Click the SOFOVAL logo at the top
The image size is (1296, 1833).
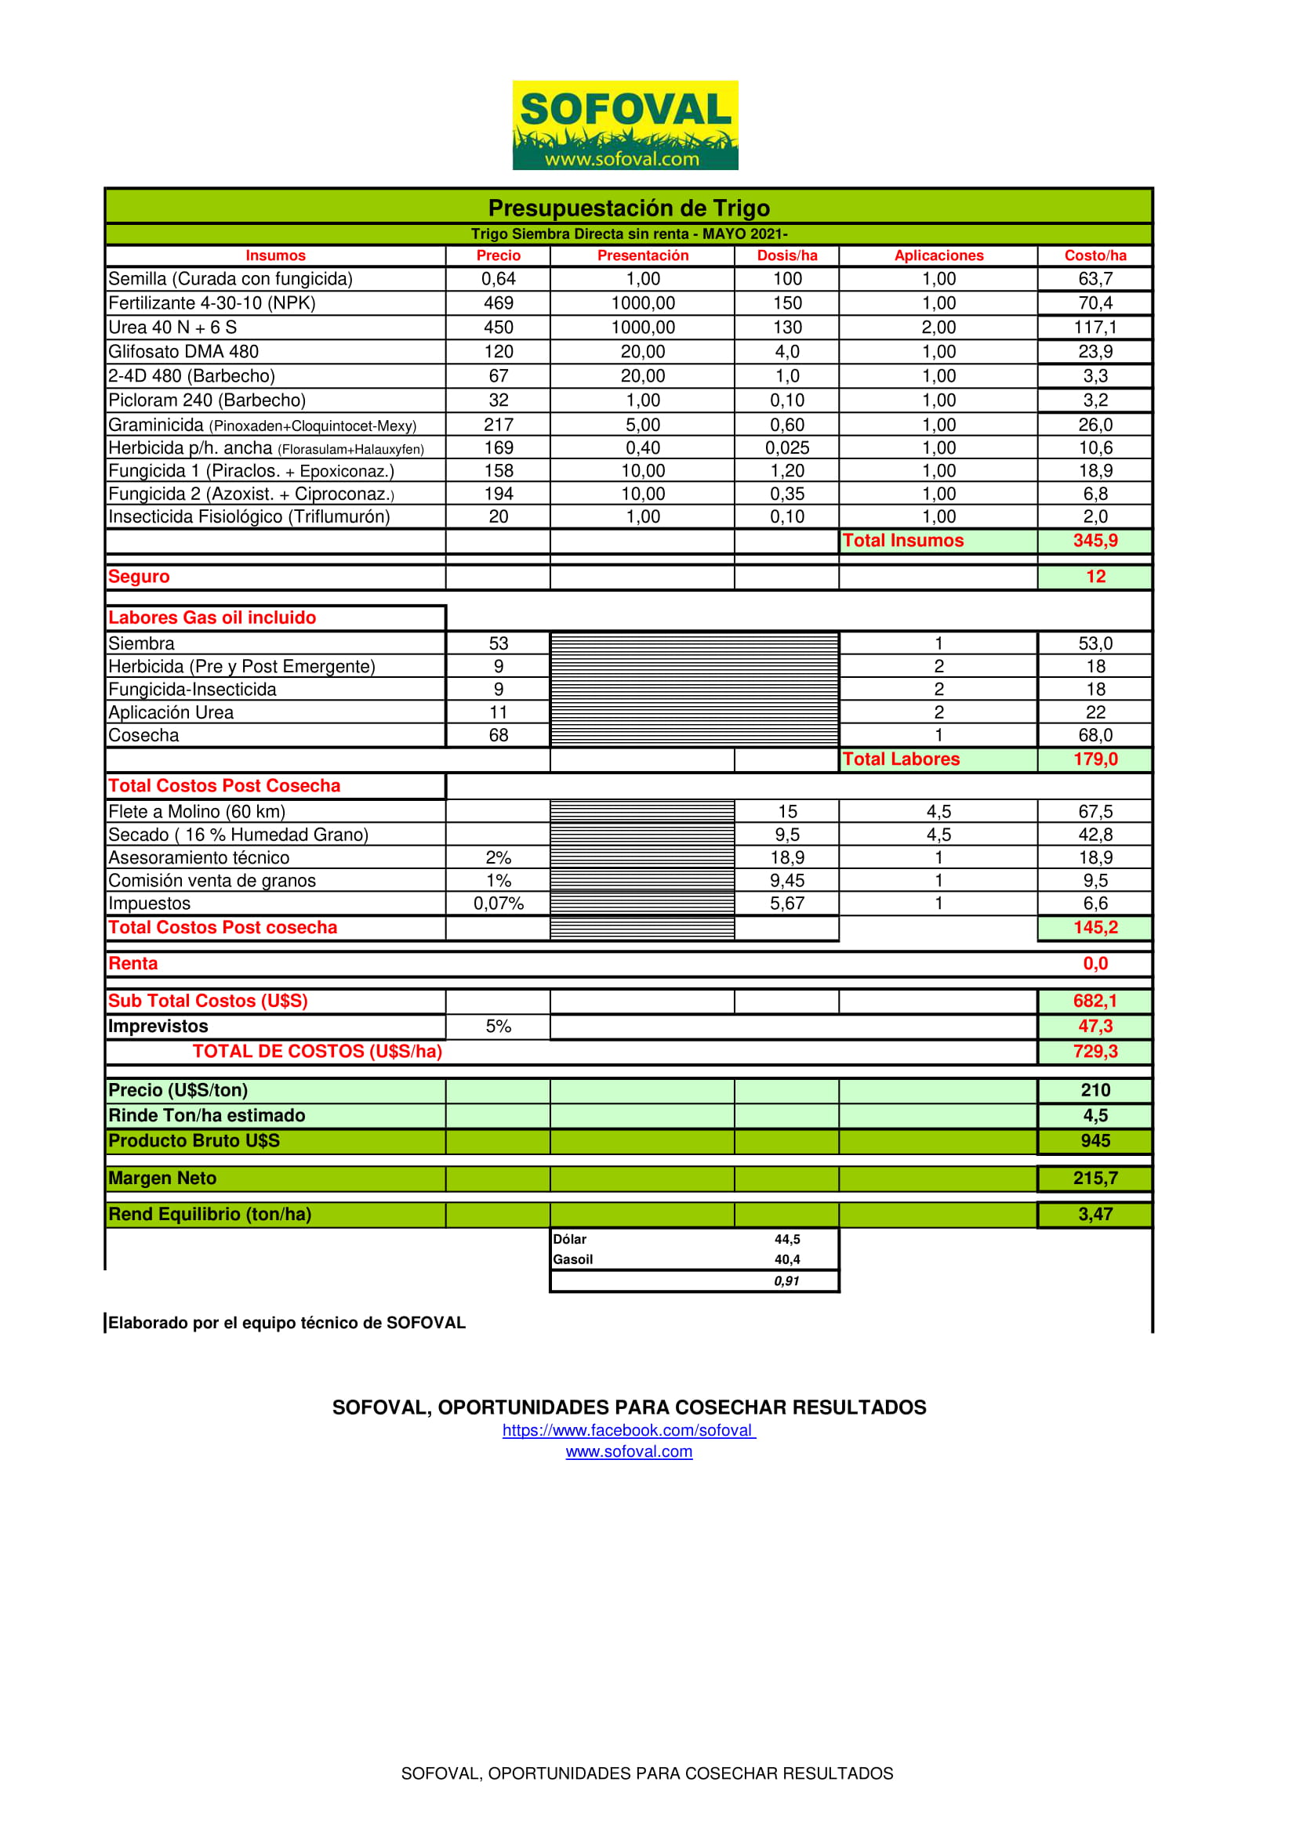tap(624, 125)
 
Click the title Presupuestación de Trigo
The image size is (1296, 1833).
tap(629, 208)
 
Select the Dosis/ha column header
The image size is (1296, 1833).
tap(786, 255)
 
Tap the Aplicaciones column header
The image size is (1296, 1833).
tap(938, 255)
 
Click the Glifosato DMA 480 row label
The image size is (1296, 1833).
tap(183, 351)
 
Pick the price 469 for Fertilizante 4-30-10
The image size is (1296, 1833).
tap(498, 303)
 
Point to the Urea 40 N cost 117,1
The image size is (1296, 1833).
tap(1095, 328)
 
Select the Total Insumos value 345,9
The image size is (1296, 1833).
tap(1095, 541)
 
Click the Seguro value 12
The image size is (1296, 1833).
tap(1095, 577)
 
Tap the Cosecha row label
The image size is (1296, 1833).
tap(143, 735)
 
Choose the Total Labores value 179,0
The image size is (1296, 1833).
tap(1095, 759)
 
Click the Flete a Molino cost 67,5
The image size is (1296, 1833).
tap(1095, 812)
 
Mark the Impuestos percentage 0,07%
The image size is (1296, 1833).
tap(498, 904)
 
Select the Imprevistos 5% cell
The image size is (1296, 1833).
tap(498, 1027)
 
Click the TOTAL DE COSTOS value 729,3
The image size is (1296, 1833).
tap(1095, 1052)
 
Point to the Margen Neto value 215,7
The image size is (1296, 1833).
tap(1095, 1179)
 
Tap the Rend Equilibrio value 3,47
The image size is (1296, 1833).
tap(1095, 1214)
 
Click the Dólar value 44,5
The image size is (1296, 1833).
tap(786, 1239)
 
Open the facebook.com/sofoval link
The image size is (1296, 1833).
tap(629, 1431)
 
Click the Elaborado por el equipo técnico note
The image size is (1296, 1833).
tap(287, 1323)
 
